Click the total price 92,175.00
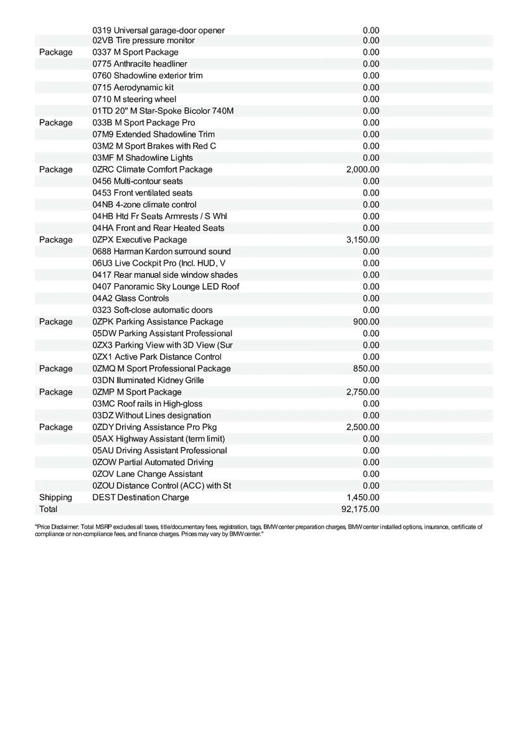pos(361,509)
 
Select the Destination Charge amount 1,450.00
pos(363,497)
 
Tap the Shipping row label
pos(55,497)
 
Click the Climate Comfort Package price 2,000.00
pos(363,169)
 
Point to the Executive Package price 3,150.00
pos(363,240)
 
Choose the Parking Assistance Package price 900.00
pos(366,322)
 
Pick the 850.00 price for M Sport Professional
pos(366,369)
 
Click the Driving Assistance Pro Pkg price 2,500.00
pos(363,427)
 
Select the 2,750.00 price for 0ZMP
pos(363,392)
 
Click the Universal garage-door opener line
pos(159,30)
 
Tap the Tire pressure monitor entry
pos(144,40)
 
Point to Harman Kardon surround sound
pos(162,251)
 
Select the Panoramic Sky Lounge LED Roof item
pos(166,286)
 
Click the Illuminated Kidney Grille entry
pos(148,380)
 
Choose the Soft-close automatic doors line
pos(153,310)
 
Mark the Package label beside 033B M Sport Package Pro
pos(55,123)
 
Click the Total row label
pos(48,509)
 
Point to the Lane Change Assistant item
pos(148,474)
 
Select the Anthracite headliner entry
pos(140,64)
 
